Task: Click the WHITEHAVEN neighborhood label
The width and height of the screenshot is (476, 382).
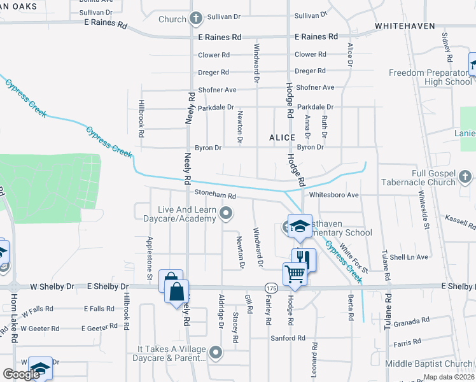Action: click(405, 26)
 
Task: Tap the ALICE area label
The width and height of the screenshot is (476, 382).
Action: click(282, 138)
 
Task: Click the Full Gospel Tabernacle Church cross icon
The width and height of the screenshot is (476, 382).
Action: click(465, 176)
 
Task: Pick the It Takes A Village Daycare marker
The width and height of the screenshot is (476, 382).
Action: click(216, 351)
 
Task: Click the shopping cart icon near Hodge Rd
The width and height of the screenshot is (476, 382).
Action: click(295, 274)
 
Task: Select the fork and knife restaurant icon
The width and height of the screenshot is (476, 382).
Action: click(304, 258)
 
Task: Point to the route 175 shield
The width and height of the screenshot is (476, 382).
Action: click(272, 288)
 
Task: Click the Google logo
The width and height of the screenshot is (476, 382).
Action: click(21, 374)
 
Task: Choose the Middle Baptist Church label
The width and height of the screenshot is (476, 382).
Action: click(430, 364)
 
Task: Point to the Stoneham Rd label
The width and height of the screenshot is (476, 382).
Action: click(216, 195)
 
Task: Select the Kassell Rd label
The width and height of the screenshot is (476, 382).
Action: click(460, 222)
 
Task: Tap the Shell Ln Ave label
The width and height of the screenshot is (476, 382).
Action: click(409, 257)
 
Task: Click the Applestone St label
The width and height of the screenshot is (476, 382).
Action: click(150, 258)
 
